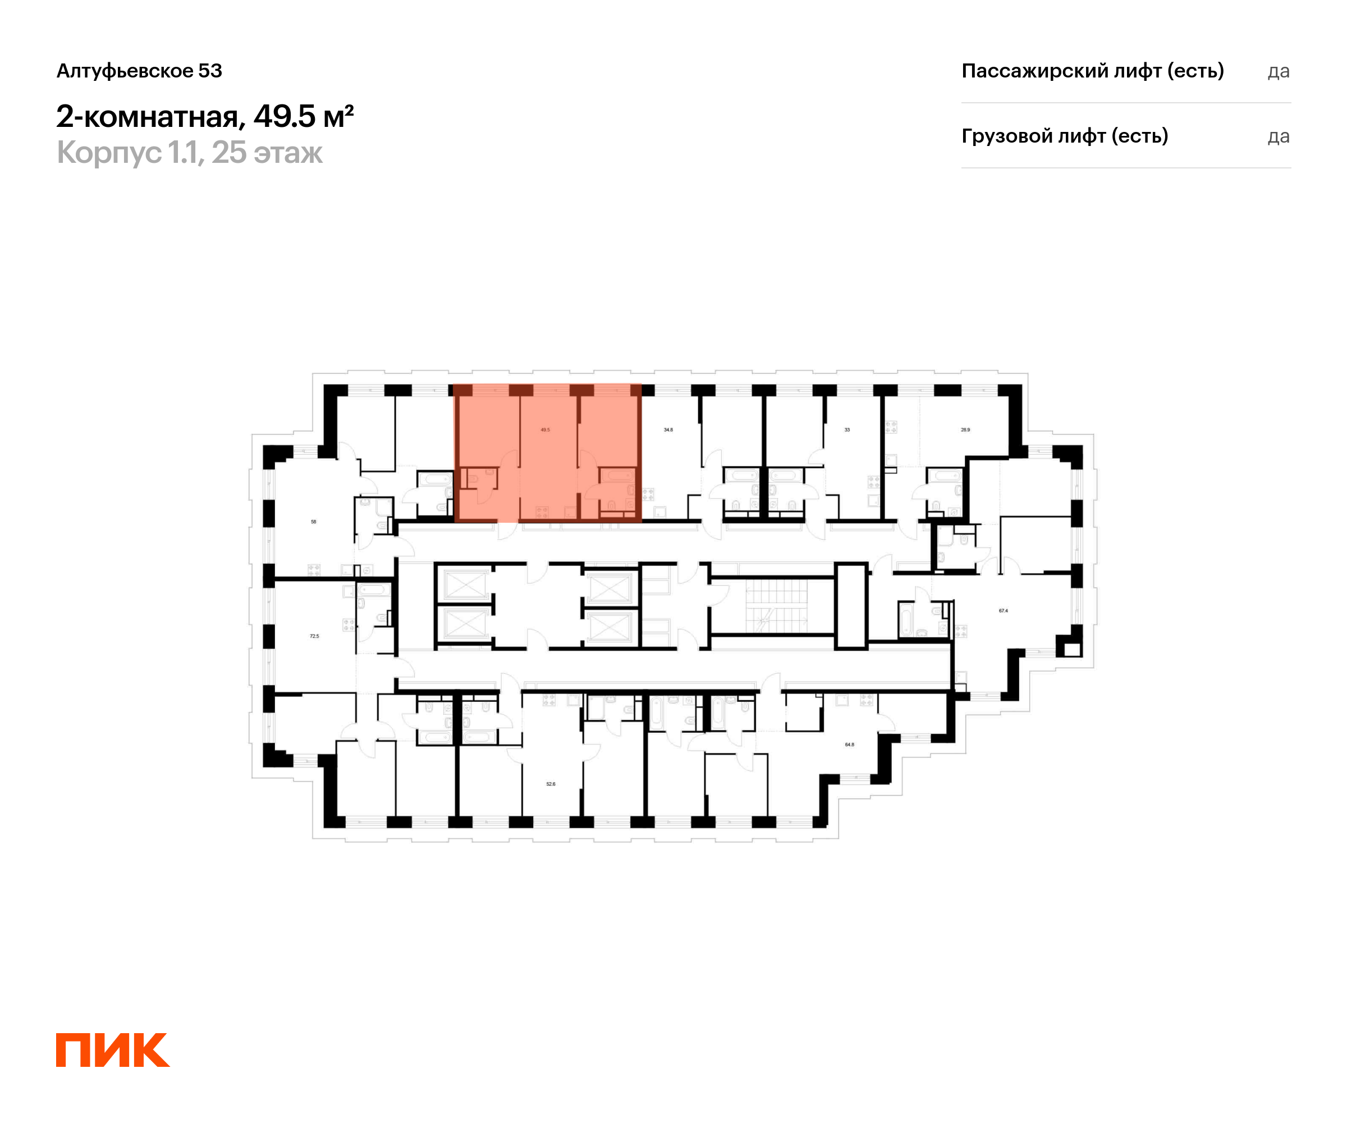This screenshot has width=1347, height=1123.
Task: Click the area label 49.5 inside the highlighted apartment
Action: tap(544, 430)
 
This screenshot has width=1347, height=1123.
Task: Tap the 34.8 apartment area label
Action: tap(668, 430)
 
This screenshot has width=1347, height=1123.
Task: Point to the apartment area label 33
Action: tap(847, 430)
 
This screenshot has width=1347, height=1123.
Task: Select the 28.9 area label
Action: tap(965, 430)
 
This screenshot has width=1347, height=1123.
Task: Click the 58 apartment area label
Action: tap(314, 522)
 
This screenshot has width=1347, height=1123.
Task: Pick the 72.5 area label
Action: tap(314, 636)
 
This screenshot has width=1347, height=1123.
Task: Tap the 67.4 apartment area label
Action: tap(1003, 611)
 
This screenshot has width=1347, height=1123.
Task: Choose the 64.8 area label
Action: tap(849, 745)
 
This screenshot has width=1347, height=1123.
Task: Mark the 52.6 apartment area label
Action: tap(551, 784)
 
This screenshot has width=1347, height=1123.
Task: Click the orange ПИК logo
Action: tap(113, 1050)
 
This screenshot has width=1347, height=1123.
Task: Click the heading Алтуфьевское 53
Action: tap(139, 71)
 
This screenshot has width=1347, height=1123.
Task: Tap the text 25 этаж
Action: tap(268, 153)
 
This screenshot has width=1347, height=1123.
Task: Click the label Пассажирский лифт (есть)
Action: tap(1092, 71)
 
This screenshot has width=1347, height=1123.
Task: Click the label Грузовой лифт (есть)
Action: tap(1065, 136)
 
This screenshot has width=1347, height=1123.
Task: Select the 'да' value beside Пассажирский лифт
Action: tap(1279, 71)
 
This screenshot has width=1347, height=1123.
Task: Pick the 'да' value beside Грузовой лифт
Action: tap(1279, 136)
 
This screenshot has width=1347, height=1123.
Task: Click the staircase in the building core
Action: tap(776, 606)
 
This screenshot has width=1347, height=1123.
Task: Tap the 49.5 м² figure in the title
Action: tap(304, 117)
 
